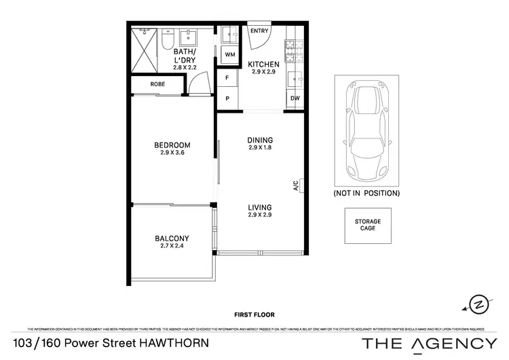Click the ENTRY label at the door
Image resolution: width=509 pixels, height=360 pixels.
[x=259, y=31]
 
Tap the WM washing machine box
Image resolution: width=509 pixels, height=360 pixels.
[x=229, y=54]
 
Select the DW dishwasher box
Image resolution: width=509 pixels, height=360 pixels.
[x=295, y=98]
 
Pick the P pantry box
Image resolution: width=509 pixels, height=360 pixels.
[x=227, y=98]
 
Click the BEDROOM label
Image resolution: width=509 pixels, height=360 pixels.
[x=172, y=145]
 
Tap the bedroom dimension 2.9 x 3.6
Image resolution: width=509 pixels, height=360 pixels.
[x=172, y=153]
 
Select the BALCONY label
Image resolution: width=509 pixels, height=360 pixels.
[x=172, y=238]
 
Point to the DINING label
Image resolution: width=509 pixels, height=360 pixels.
[x=259, y=140]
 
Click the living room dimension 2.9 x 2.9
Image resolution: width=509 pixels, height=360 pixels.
[x=259, y=215]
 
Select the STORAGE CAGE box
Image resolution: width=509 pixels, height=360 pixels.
[x=367, y=225]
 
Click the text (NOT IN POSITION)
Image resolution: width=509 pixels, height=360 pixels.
[x=366, y=194]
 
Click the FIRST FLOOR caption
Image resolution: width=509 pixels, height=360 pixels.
[x=254, y=315]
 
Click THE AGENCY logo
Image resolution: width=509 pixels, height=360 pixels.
[x=429, y=343]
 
